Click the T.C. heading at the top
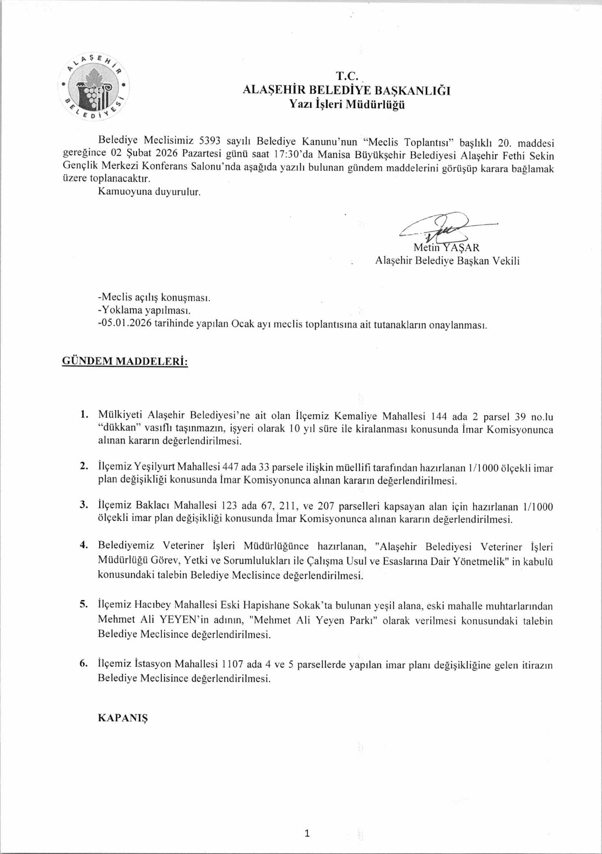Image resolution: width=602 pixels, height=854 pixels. click(x=347, y=76)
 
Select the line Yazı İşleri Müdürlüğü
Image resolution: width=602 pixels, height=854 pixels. click(x=347, y=105)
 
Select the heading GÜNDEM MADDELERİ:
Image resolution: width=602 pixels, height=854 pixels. click(x=125, y=362)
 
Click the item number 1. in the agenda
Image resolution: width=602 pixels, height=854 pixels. click(x=84, y=414)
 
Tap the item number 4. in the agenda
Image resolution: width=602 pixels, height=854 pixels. click(x=84, y=545)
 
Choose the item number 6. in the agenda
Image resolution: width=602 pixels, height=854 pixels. click(x=84, y=663)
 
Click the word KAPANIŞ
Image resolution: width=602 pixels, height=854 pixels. click(x=123, y=718)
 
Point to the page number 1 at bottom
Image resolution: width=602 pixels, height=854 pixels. click(x=307, y=833)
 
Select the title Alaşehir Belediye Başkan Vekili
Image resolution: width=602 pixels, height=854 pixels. click(x=447, y=261)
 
